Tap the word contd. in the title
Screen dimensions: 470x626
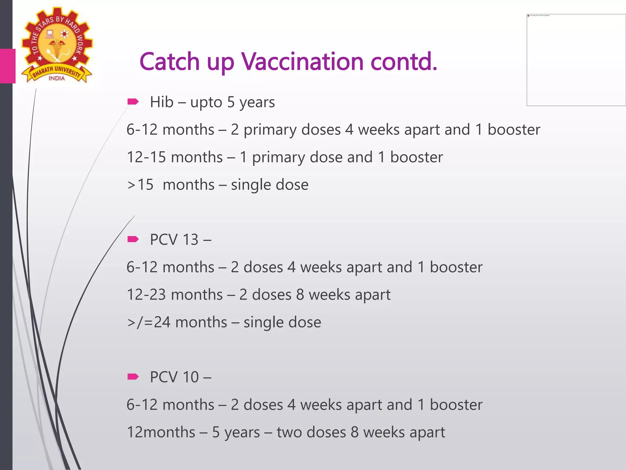click(x=404, y=62)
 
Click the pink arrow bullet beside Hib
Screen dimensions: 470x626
click(x=133, y=102)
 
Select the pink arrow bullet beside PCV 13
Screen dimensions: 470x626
click(x=133, y=239)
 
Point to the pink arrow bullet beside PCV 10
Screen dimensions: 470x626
click(x=133, y=376)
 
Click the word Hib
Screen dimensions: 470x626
click(x=162, y=102)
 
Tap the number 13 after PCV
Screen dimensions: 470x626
click(x=190, y=239)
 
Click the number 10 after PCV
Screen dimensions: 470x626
click(x=190, y=377)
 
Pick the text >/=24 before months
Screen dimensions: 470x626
click(x=149, y=322)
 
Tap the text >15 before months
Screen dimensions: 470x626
click(x=140, y=185)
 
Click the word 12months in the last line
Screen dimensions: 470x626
click(x=161, y=432)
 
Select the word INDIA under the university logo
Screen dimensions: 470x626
click(x=57, y=78)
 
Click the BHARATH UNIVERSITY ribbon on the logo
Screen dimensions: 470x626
click(x=57, y=72)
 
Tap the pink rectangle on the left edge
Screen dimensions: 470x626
click(x=8, y=66)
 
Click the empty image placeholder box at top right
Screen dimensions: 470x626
click(x=576, y=60)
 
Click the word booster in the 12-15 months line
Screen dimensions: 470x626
click(x=416, y=157)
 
